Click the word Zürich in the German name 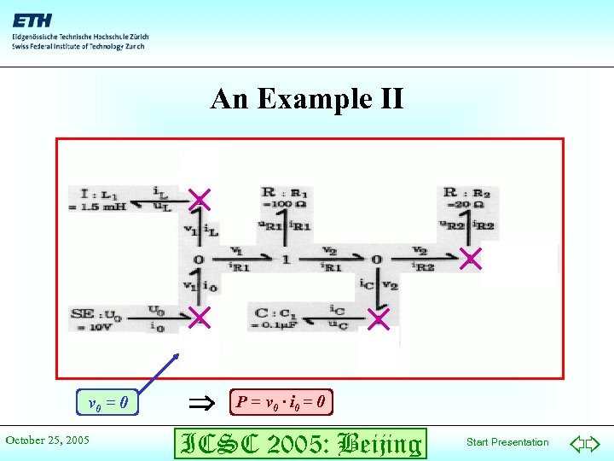[136, 37]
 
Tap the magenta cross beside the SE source [199, 318]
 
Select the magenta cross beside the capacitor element [378, 318]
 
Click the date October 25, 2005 [48, 441]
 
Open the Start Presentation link [507, 442]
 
